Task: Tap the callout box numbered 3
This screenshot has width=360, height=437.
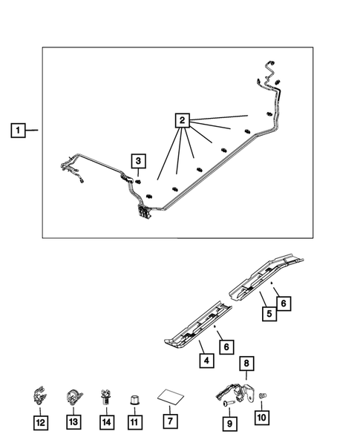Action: click(139, 160)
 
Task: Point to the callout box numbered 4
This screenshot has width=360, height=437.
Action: click(205, 361)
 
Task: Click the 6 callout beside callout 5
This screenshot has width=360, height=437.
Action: click(283, 302)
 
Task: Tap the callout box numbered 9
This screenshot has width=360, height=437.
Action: click(229, 423)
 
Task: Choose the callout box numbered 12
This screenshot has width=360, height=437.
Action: click(40, 422)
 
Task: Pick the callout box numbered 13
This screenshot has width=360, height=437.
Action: click(73, 422)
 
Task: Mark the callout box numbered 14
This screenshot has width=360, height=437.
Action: click(107, 421)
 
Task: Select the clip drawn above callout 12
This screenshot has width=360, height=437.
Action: click(40, 397)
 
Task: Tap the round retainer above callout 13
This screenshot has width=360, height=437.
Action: click(73, 397)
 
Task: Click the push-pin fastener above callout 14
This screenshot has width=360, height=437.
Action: click(107, 396)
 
